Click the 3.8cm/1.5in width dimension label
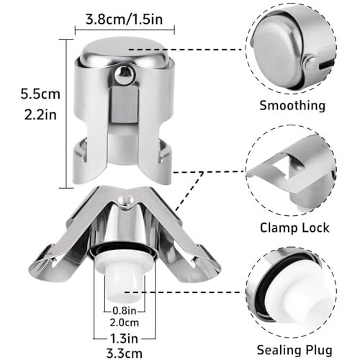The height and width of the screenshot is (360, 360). coord(125,19)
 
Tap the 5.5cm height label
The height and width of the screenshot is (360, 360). coord(40,94)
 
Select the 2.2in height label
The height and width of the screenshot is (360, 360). coord(40,114)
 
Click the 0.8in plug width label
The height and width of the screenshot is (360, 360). coord(125,310)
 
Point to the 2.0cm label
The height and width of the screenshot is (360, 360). coord(125,323)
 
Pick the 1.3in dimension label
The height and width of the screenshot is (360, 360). coord(124,338)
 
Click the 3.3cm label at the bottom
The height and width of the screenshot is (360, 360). coord(125,354)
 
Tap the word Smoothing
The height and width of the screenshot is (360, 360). coord(292,106)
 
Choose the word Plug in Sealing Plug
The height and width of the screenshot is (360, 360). coord(318,350)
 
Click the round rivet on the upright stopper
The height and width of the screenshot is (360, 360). coord(124,75)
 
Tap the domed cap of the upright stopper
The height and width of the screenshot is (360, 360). coord(125,53)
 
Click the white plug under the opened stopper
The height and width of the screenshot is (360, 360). coord(125,276)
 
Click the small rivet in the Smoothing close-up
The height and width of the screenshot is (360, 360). coord(310,63)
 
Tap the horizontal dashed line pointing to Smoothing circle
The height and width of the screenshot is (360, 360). coord(185,50)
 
